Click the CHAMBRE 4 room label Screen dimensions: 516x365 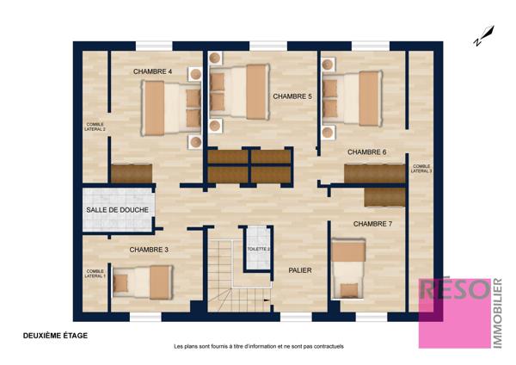[x=152, y=71]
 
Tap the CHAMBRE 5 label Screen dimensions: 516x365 [x=292, y=96]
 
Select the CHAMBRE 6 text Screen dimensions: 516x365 [x=367, y=152]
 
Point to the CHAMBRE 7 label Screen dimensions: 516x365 [x=372, y=224]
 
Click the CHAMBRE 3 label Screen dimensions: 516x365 [x=149, y=250]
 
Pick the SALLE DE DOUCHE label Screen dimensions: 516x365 [x=117, y=210]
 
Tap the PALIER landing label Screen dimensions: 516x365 [x=300, y=270]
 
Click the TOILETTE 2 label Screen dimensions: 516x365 [x=259, y=249]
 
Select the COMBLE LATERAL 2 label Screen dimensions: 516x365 [x=95, y=127]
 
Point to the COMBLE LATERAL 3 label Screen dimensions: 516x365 [x=421, y=169]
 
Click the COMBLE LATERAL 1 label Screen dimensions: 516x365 [x=95, y=274]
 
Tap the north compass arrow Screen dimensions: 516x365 [x=484, y=35]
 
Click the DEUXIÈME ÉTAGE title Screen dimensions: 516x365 [x=55, y=336]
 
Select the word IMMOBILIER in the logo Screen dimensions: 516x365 [x=498, y=313]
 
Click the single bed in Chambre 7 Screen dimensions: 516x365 [x=348, y=269]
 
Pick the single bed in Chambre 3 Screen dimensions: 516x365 [x=143, y=282]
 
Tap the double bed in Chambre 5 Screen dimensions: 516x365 [x=240, y=91]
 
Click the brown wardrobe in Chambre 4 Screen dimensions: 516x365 [x=132, y=173]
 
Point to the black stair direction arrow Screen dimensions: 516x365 [x=267, y=300]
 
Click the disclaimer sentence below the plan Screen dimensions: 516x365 [x=259, y=347]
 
